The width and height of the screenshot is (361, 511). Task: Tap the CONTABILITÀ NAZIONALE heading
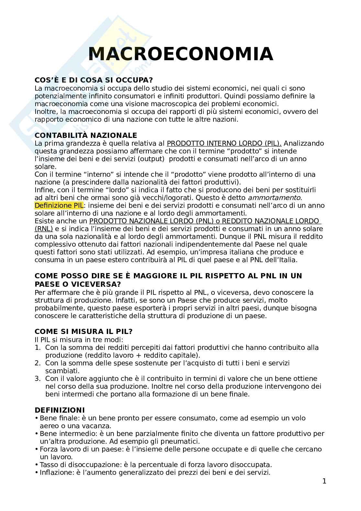pyautogui.click(x=86, y=135)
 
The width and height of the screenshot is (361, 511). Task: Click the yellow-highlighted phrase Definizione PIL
pyautogui.click(x=59, y=206)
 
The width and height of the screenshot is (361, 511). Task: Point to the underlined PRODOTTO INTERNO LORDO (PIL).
pyautogui.click(x=224, y=143)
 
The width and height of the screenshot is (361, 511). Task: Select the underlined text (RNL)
pyautogui.click(x=44, y=229)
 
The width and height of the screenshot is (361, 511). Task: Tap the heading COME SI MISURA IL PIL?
pyautogui.click(x=83, y=332)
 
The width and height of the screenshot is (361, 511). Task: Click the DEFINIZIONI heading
pyautogui.click(x=60, y=410)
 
